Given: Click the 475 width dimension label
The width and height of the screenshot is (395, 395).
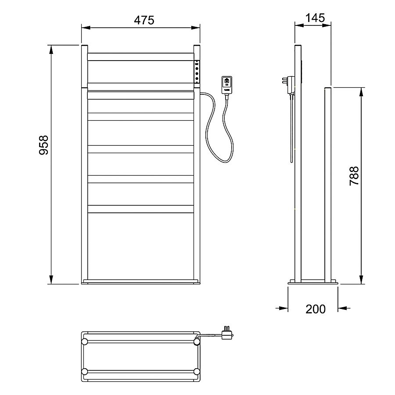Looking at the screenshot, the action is coord(144,20).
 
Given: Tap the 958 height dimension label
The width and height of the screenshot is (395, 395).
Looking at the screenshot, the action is coord(44,145).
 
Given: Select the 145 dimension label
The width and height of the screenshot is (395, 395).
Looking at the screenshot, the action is coord(315,18).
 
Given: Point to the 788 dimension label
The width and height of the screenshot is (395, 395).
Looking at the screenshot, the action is coord(354,176).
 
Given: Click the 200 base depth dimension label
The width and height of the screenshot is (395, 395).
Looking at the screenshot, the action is coord(316,309).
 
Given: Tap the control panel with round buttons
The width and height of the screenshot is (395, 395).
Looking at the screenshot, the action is coord(197,72).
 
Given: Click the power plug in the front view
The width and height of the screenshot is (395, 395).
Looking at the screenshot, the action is coord(227,85).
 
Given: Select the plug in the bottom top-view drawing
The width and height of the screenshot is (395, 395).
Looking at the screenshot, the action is coord(227,333).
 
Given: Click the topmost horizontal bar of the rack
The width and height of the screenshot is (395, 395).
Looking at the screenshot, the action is coord(140,57).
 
